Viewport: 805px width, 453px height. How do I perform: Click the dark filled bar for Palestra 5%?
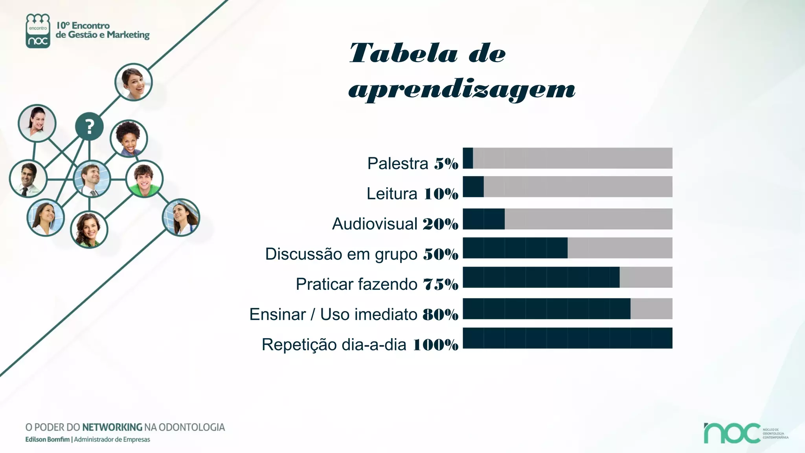tap(468, 158)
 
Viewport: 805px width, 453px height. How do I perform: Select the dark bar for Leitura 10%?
tap(473, 187)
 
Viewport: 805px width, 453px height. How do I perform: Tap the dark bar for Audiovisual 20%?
tap(484, 219)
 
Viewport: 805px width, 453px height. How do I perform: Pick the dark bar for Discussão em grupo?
tap(515, 248)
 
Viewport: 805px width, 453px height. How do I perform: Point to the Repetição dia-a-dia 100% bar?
tap(568, 338)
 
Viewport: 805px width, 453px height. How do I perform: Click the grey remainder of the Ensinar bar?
tap(651, 309)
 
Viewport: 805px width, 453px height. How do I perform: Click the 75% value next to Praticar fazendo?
tap(441, 284)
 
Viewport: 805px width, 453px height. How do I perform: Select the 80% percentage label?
tap(441, 315)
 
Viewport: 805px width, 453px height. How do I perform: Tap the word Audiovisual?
tap(375, 224)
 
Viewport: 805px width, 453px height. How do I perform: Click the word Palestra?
tap(397, 164)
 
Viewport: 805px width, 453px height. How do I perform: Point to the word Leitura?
tap(391, 194)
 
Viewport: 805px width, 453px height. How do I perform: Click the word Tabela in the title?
tap(403, 53)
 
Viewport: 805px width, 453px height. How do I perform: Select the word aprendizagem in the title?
tap(462, 90)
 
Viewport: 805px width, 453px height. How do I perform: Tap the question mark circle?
tap(89, 127)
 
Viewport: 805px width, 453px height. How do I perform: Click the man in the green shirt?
tap(144, 179)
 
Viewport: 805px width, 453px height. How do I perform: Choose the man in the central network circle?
tap(92, 179)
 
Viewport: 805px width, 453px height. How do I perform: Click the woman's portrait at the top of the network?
tap(133, 82)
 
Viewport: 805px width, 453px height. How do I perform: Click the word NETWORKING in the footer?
tap(112, 427)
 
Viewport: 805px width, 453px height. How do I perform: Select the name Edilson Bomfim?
tap(47, 440)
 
